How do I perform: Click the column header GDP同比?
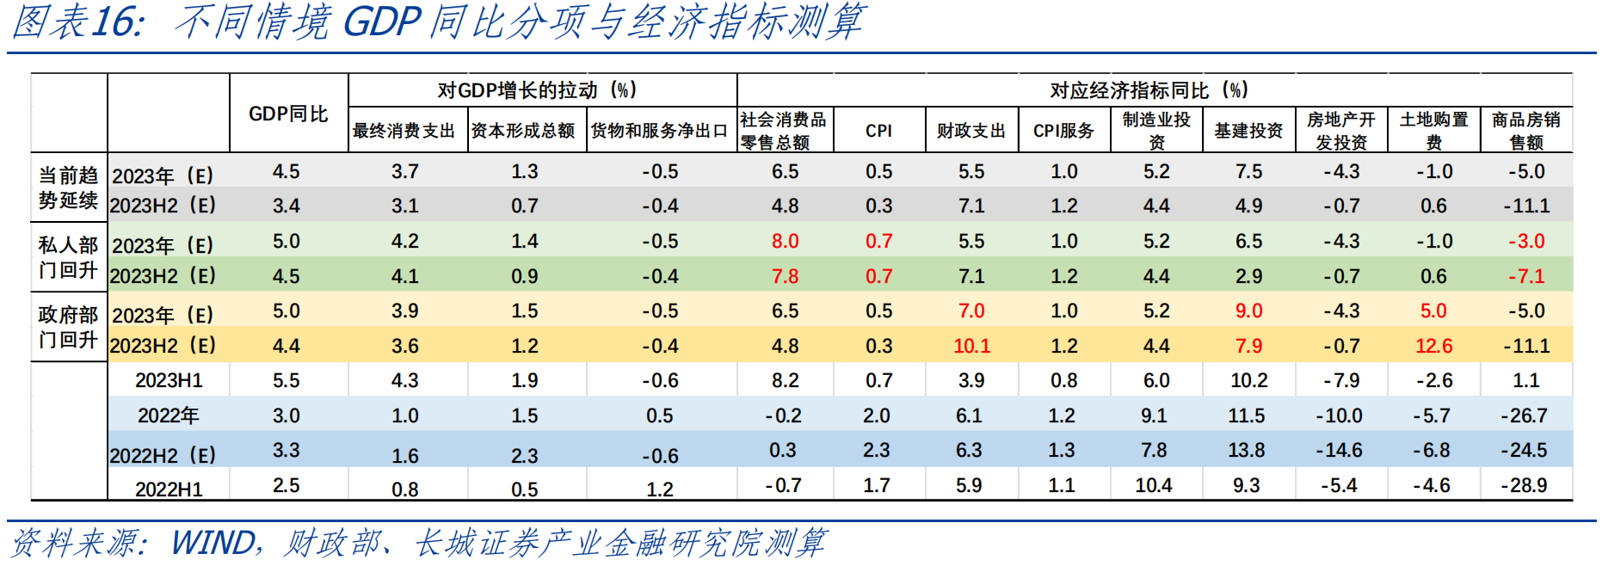coord(288,114)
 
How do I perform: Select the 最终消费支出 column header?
coord(404,131)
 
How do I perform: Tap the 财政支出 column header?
coord(971,131)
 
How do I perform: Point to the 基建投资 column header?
coord(1248,131)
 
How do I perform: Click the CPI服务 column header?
coord(1063,131)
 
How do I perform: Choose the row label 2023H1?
coord(168,380)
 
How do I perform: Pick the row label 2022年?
coord(168,415)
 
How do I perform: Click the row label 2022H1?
coord(169,489)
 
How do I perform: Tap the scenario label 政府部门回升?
coord(68,327)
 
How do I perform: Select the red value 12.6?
coord(1433,346)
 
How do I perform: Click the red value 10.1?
coord(971,346)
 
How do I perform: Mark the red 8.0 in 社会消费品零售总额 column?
coord(785,241)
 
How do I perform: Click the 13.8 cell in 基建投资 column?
coord(1247,450)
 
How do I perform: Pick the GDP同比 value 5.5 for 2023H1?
coord(287,380)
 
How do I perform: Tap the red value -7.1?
coord(1525,276)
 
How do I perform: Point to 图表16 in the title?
coord(77,22)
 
